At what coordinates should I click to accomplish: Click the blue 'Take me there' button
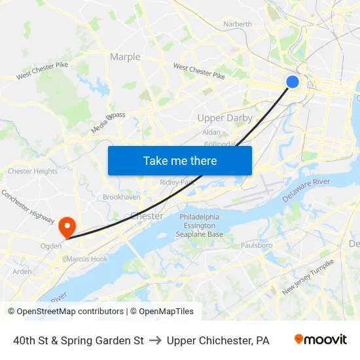point(180,160)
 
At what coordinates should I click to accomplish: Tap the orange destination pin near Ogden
point(67,227)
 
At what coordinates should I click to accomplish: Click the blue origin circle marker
point(293,81)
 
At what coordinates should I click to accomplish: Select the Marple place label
point(125,57)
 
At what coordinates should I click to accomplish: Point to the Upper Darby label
point(225,118)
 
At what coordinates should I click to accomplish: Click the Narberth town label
point(237,24)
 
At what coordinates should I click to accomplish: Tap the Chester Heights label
point(33,171)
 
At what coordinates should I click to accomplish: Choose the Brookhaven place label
point(121,197)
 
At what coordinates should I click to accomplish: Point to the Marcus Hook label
point(86,259)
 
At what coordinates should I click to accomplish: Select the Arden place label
point(22,272)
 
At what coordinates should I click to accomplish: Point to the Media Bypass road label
point(108,122)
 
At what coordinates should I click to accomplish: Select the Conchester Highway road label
point(27,204)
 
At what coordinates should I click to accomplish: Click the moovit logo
point(320,340)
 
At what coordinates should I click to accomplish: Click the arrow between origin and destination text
point(155,340)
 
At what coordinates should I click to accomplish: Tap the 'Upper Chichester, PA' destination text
point(218,340)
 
